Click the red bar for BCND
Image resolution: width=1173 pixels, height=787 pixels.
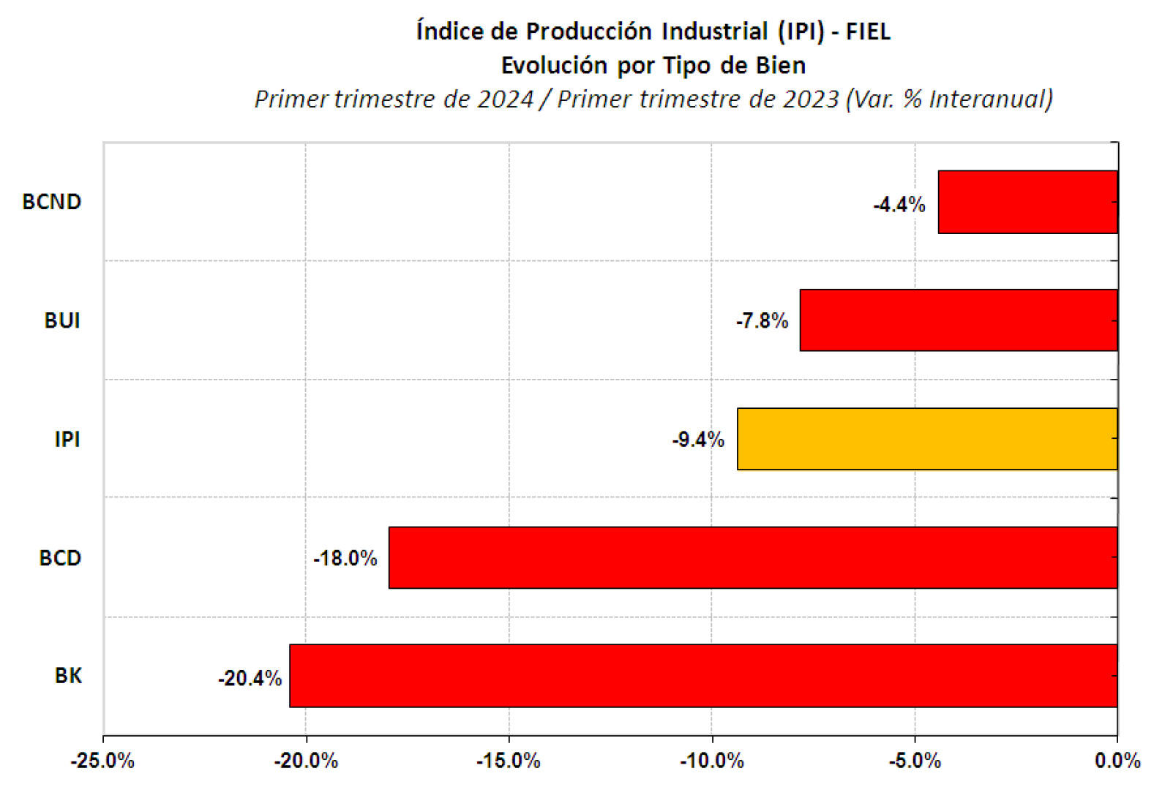[1028, 202]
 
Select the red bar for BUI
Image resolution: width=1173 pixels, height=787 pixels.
[959, 320]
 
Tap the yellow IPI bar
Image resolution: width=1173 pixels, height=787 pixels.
[927, 439]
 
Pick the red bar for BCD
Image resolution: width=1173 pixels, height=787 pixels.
[753, 558]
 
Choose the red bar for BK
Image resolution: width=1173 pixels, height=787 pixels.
[704, 676]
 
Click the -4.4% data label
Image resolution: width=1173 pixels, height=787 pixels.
[899, 205]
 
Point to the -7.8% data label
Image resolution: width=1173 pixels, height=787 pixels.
[762, 321]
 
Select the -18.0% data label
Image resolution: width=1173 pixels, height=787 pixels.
[345, 559]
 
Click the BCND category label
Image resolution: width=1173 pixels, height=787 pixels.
[52, 202]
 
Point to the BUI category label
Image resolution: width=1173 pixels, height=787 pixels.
[62, 320]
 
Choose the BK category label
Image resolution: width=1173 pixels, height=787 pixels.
[68, 676]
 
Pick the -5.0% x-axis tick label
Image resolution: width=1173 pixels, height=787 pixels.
[915, 761]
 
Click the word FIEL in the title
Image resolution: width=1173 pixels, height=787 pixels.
[869, 31]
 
